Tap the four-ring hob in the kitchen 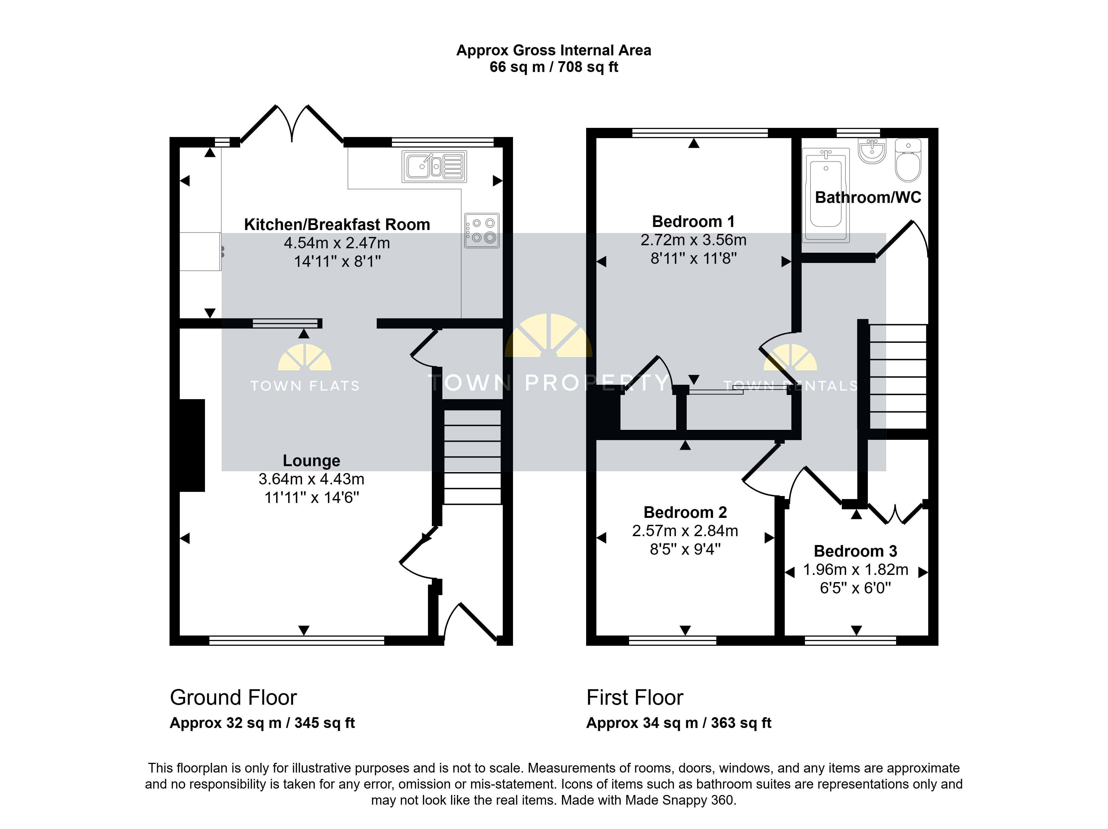(x=482, y=230)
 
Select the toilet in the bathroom (x=908, y=160)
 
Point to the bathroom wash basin (x=872, y=151)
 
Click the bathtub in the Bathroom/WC (x=826, y=195)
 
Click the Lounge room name (x=312, y=461)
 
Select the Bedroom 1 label (x=693, y=221)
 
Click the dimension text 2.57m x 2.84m (x=685, y=531)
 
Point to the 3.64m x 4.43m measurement (x=312, y=479)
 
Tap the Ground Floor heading (x=234, y=697)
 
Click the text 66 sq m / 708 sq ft (x=554, y=67)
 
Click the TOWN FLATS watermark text (x=305, y=386)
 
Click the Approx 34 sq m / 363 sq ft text (x=679, y=723)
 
